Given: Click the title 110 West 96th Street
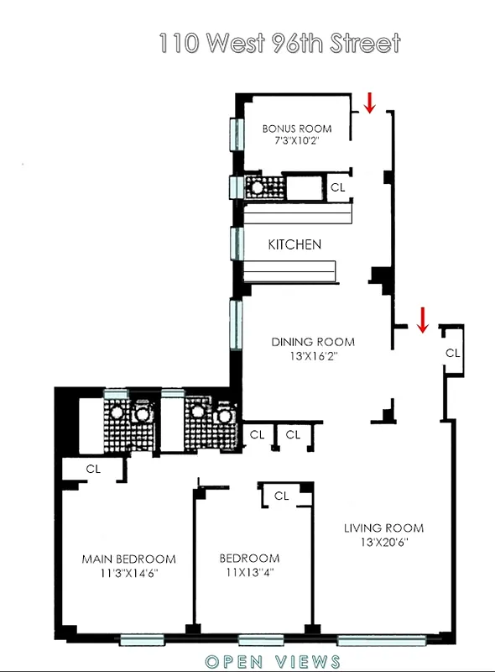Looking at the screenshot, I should (x=279, y=43).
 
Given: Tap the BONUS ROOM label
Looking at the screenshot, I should (x=296, y=129).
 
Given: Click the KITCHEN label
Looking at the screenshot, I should (x=294, y=244).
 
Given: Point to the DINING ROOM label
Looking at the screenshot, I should (x=312, y=342).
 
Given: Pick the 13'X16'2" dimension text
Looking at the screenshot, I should (x=312, y=355).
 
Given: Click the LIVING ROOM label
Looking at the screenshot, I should (x=383, y=528).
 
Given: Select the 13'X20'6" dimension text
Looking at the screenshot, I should (x=383, y=542).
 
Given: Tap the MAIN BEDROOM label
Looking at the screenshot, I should (x=128, y=559).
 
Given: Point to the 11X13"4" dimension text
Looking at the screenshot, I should (x=249, y=572).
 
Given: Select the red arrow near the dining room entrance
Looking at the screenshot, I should (x=423, y=318).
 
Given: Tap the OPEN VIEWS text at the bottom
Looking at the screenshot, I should (x=273, y=661).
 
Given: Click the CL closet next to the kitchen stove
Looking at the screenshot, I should (x=338, y=188).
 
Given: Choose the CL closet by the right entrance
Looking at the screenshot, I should (x=452, y=353).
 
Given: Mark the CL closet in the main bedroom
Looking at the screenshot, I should (x=92, y=469).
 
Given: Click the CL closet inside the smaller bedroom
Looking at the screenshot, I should (x=281, y=496).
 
